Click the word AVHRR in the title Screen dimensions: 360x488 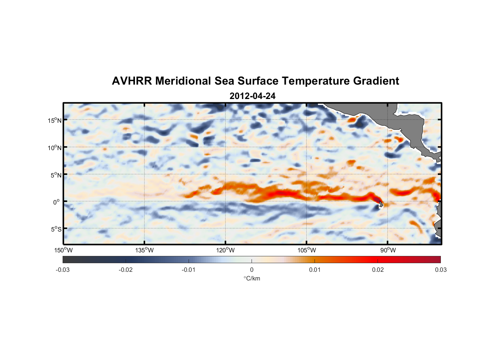point(132,81)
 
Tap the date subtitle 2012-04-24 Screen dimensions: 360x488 point(252,96)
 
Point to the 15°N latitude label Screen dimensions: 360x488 point(54,120)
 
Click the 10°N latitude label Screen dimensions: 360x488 point(54,148)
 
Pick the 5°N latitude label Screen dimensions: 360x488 point(56,175)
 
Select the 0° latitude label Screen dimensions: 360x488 point(57,202)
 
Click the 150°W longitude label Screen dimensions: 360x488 point(63,250)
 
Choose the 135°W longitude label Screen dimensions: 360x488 point(144,250)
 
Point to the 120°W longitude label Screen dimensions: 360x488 point(225,250)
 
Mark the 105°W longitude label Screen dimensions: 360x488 point(307,250)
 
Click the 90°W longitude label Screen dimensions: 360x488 point(388,250)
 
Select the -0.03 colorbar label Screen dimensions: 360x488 point(63,270)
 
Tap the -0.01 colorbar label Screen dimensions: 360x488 point(189,270)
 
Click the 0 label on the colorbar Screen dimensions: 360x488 point(252,270)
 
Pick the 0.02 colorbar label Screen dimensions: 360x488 point(378,270)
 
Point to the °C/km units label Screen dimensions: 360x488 point(252,278)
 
